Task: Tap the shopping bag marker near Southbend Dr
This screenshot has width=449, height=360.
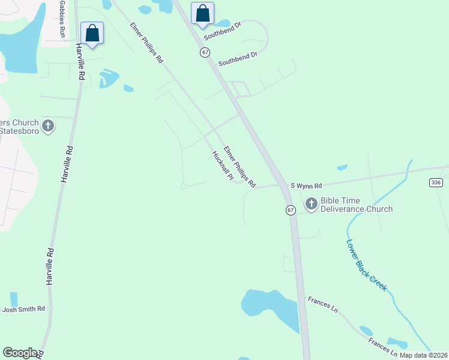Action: point(202,14)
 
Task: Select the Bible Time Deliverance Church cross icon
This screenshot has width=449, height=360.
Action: point(311,204)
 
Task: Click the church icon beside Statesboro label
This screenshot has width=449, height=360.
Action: point(48,127)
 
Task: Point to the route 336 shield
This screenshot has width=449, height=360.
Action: point(436,182)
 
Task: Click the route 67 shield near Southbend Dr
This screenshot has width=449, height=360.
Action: point(205,52)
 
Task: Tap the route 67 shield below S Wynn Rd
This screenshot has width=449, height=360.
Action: point(291,210)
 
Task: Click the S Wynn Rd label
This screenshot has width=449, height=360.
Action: point(306,185)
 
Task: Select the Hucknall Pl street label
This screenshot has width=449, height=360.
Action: point(222,166)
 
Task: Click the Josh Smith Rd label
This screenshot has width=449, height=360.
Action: point(24,310)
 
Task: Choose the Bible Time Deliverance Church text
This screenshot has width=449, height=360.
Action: point(357,205)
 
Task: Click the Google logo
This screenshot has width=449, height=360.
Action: point(20,352)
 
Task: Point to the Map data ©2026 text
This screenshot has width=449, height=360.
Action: point(423,355)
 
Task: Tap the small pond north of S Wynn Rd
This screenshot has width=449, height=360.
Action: point(342,167)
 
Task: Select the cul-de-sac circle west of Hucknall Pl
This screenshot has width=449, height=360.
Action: point(184,187)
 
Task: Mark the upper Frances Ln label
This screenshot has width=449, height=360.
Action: point(323,304)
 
